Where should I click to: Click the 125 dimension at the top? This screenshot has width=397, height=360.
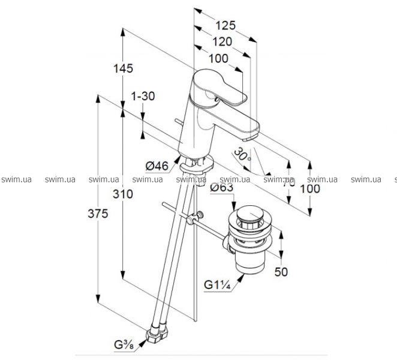[x=225, y=26]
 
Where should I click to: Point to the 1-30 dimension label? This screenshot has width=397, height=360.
[x=142, y=96]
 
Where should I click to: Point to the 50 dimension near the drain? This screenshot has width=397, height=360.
[x=281, y=272]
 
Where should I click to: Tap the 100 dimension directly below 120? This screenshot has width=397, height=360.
[x=219, y=58]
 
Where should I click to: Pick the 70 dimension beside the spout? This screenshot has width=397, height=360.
[x=289, y=179]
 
